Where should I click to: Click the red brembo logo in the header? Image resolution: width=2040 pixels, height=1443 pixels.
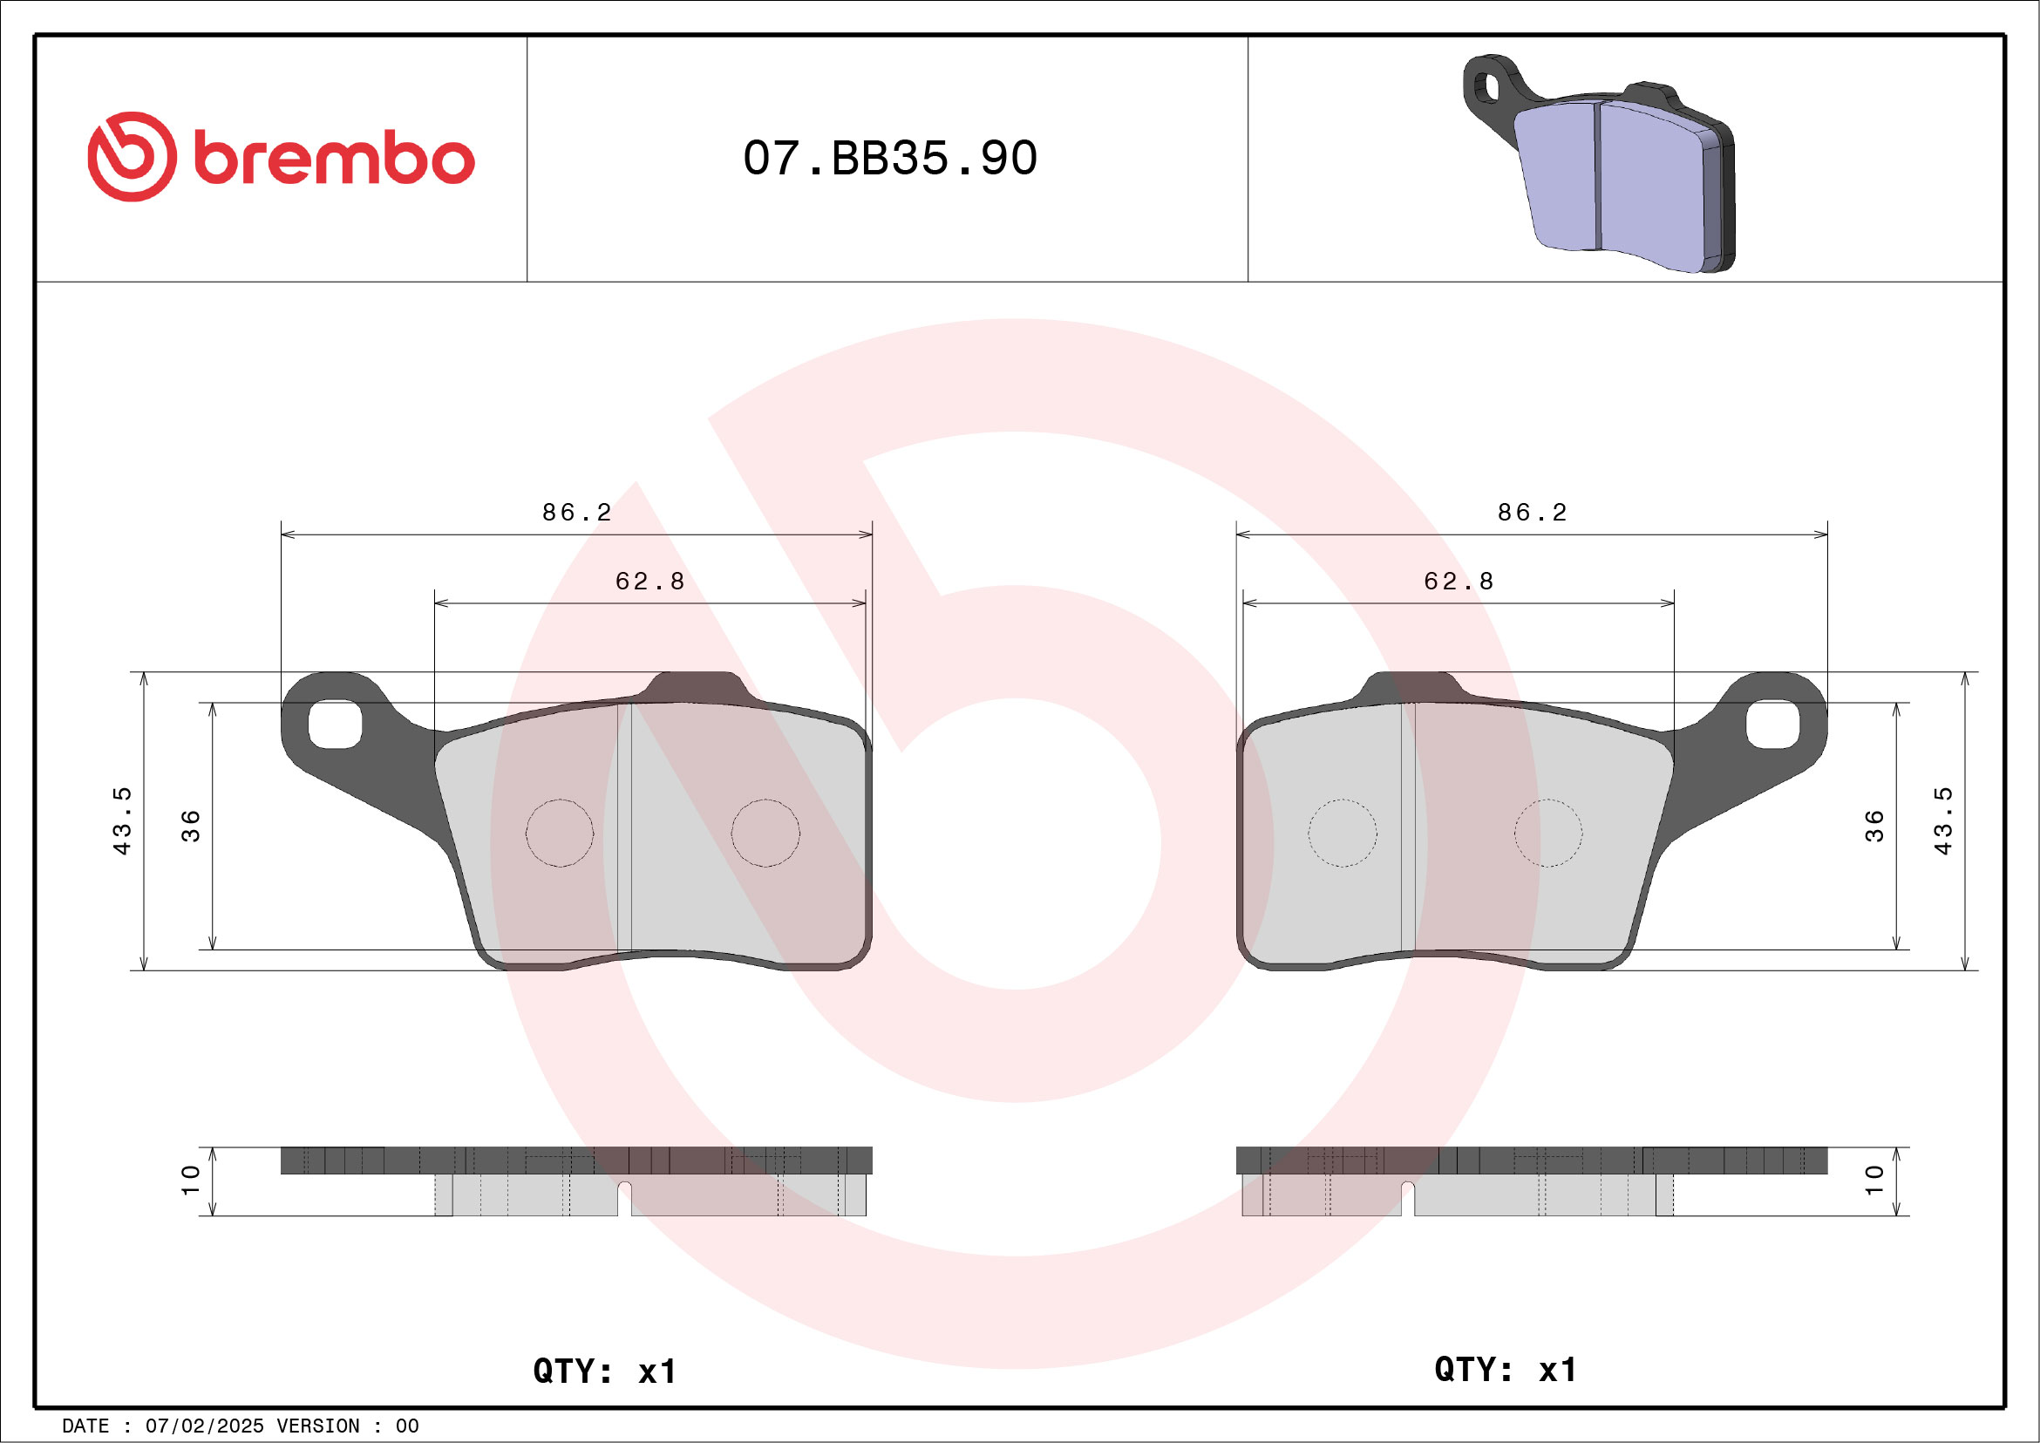[281, 157]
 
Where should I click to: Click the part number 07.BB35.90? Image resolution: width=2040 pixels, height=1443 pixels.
[889, 158]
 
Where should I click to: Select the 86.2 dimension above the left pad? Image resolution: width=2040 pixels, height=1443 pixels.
[576, 513]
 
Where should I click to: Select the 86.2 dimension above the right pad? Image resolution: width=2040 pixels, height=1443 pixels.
[1532, 513]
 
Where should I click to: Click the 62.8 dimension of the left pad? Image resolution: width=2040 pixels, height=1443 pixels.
[649, 581]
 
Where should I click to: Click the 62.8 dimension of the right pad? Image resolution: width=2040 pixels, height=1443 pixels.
[1458, 581]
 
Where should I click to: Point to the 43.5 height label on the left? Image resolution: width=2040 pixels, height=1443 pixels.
[122, 821]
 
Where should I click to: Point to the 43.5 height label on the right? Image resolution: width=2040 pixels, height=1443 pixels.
[1943, 821]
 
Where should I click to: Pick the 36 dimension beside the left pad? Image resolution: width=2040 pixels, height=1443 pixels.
[191, 826]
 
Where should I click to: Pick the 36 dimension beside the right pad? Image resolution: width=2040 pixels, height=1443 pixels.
[1873, 826]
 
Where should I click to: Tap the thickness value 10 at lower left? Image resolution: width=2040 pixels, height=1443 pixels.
[190, 1180]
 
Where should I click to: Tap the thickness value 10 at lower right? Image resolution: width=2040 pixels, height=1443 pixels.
[1873, 1180]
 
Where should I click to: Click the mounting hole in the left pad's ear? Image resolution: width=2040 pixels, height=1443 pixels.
[335, 725]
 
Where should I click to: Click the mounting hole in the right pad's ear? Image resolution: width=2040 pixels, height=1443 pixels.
[1772, 725]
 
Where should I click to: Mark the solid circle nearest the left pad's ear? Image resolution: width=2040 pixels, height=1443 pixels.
[559, 833]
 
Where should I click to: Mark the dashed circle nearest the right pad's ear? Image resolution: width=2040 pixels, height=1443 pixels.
[1547, 833]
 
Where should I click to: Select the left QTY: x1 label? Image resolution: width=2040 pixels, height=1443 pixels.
[604, 1371]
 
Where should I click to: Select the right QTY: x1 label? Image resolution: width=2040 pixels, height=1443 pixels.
[1505, 1369]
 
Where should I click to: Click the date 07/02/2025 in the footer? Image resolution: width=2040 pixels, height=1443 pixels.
[204, 1426]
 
